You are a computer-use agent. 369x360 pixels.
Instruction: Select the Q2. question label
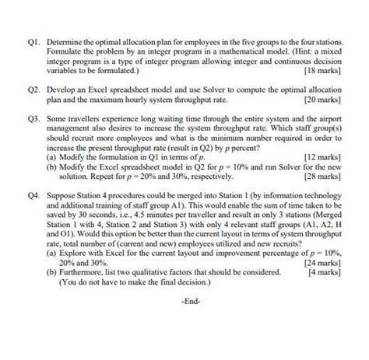[x=33, y=91]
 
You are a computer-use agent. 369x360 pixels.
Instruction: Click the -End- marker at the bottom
[x=192, y=299]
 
